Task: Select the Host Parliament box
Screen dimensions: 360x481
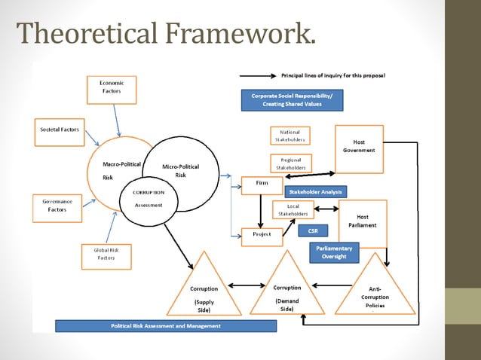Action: pyautogui.click(x=363, y=221)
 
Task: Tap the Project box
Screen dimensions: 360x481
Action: pyautogui.click(x=256, y=233)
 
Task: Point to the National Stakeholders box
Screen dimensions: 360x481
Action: pyautogui.click(x=290, y=136)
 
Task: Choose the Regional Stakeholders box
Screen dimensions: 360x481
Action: pyautogui.click(x=290, y=163)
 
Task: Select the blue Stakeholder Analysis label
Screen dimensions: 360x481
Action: pyautogui.click(x=315, y=192)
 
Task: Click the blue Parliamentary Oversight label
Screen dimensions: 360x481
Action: pyautogui.click(x=334, y=252)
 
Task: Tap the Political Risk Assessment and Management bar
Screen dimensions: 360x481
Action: pyautogui.click(x=166, y=326)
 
